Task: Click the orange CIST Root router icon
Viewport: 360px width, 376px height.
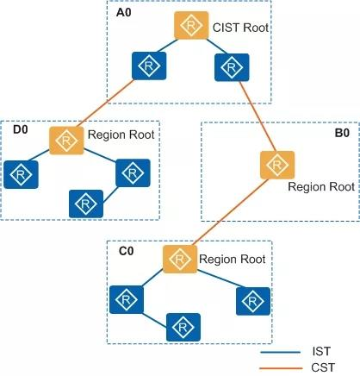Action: coord(189,27)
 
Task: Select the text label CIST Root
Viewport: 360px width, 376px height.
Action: coord(241,28)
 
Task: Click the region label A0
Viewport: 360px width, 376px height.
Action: coord(125,16)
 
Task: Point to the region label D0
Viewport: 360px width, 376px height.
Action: coord(21,129)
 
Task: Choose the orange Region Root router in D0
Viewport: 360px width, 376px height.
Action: coord(65,140)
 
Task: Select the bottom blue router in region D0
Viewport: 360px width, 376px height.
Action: coord(84,203)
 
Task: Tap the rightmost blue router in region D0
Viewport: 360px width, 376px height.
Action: coord(129,173)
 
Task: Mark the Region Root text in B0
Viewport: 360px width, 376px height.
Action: coord(320,186)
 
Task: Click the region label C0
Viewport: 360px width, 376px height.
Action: coord(125,252)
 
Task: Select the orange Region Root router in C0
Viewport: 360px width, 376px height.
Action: coord(177,259)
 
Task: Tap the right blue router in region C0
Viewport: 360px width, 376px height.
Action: coord(250,299)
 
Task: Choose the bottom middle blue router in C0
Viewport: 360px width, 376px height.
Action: coord(183,327)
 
